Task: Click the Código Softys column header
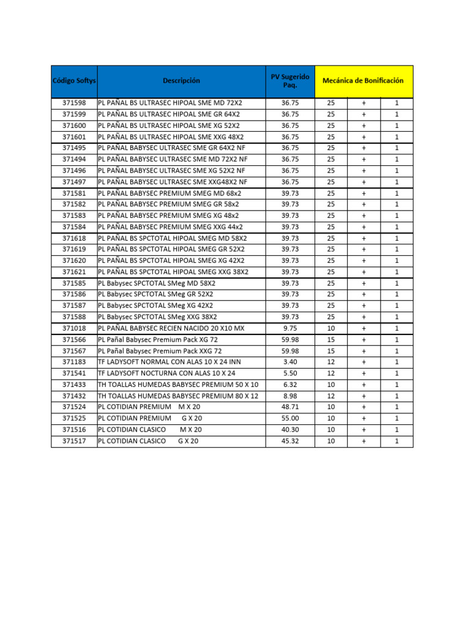click(74, 81)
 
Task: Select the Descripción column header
click(181, 81)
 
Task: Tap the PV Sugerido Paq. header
click(290, 81)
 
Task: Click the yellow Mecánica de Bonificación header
click(364, 81)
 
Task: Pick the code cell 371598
click(74, 103)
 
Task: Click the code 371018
click(74, 328)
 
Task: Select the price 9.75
click(290, 328)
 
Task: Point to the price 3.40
click(290, 362)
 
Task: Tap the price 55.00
click(290, 418)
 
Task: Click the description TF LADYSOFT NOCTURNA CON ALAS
click(166, 373)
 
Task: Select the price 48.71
click(290, 407)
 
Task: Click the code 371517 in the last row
click(74, 441)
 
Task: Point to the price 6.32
click(290, 385)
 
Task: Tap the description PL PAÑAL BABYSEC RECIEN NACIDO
click(171, 328)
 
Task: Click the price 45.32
click(290, 441)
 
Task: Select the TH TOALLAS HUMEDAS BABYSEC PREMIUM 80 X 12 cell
click(178, 396)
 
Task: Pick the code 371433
click(74, 385)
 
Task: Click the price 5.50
click(290, 373)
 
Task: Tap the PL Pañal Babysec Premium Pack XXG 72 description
click(160, 351)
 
